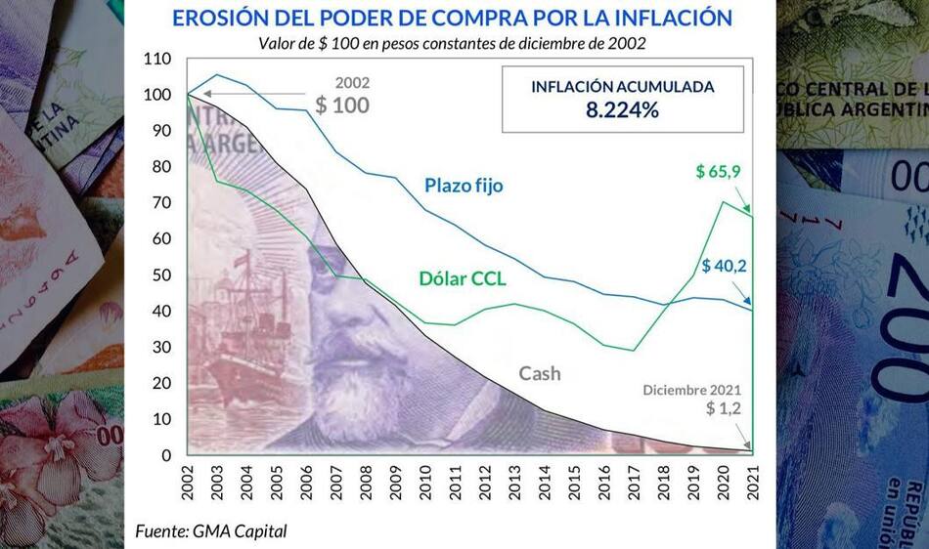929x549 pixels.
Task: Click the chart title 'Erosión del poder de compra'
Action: [452, 18]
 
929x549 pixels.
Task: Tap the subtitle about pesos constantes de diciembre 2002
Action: [452, 43]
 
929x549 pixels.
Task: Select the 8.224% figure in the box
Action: [622, 109]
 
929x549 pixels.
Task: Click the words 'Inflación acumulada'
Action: [622, 86]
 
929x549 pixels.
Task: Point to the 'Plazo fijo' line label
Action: [464, 185]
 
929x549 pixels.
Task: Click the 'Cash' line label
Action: [540, 372]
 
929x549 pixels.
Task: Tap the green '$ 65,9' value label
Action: [718, 171]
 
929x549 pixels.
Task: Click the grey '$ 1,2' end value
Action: [725, 408]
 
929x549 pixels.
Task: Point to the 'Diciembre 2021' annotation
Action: [692, 390]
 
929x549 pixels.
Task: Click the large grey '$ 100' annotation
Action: [341, 105]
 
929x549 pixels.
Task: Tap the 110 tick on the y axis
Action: [156, 59]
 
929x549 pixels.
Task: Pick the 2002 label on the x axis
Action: [189, 484]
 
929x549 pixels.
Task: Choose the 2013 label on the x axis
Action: [516, 484]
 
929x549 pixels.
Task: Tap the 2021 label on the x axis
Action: [754, 484]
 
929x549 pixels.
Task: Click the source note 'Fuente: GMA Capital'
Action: [211, 531]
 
